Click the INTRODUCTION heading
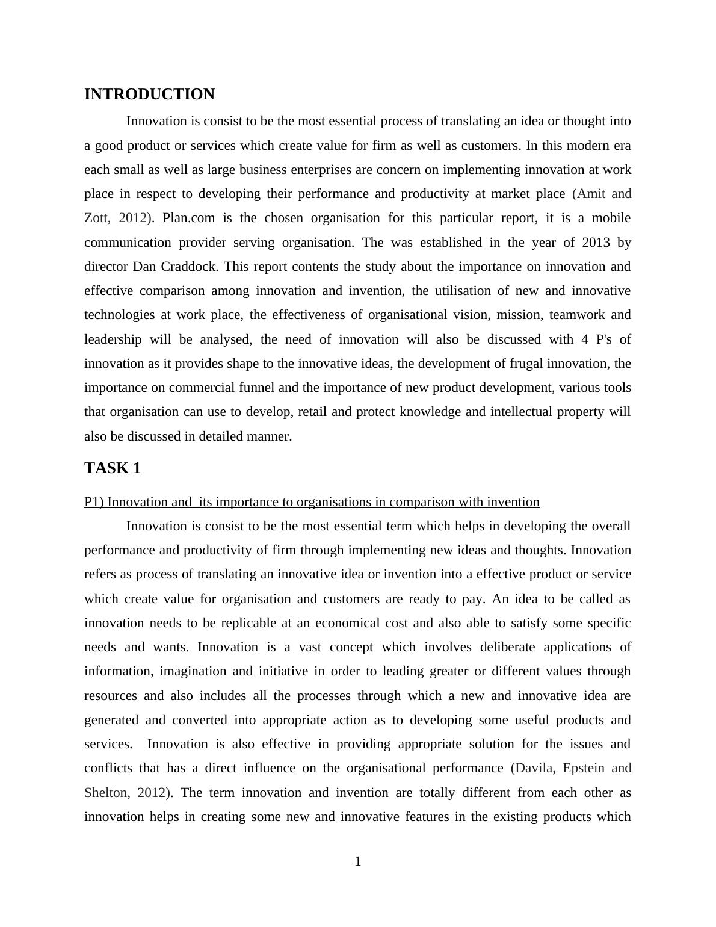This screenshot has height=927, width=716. [x=149, y=95]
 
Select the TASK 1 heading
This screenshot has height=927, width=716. [x=113, y=468]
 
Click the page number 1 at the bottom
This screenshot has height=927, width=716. [x=358, y=861]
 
